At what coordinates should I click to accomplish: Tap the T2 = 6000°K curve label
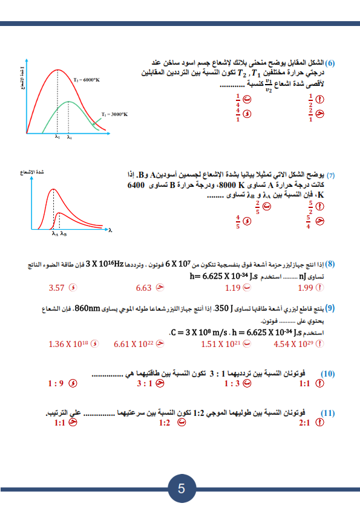(85, 79)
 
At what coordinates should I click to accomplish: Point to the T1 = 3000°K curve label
(115, 114)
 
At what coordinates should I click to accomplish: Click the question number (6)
(331, 63)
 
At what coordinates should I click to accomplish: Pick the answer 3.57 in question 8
(56, 288)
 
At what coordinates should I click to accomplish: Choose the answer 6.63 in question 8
(143, 288)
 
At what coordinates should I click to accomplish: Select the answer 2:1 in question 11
(307, 423)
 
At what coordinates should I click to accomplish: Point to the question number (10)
(327, 374)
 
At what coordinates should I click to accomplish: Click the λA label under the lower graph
(54, 234)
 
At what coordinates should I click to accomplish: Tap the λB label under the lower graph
(63, 234)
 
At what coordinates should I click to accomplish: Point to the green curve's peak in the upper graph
(68, 102)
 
